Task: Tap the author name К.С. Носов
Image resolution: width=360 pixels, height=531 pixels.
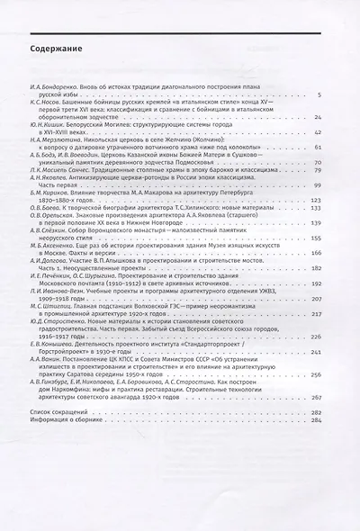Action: [45, 103]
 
